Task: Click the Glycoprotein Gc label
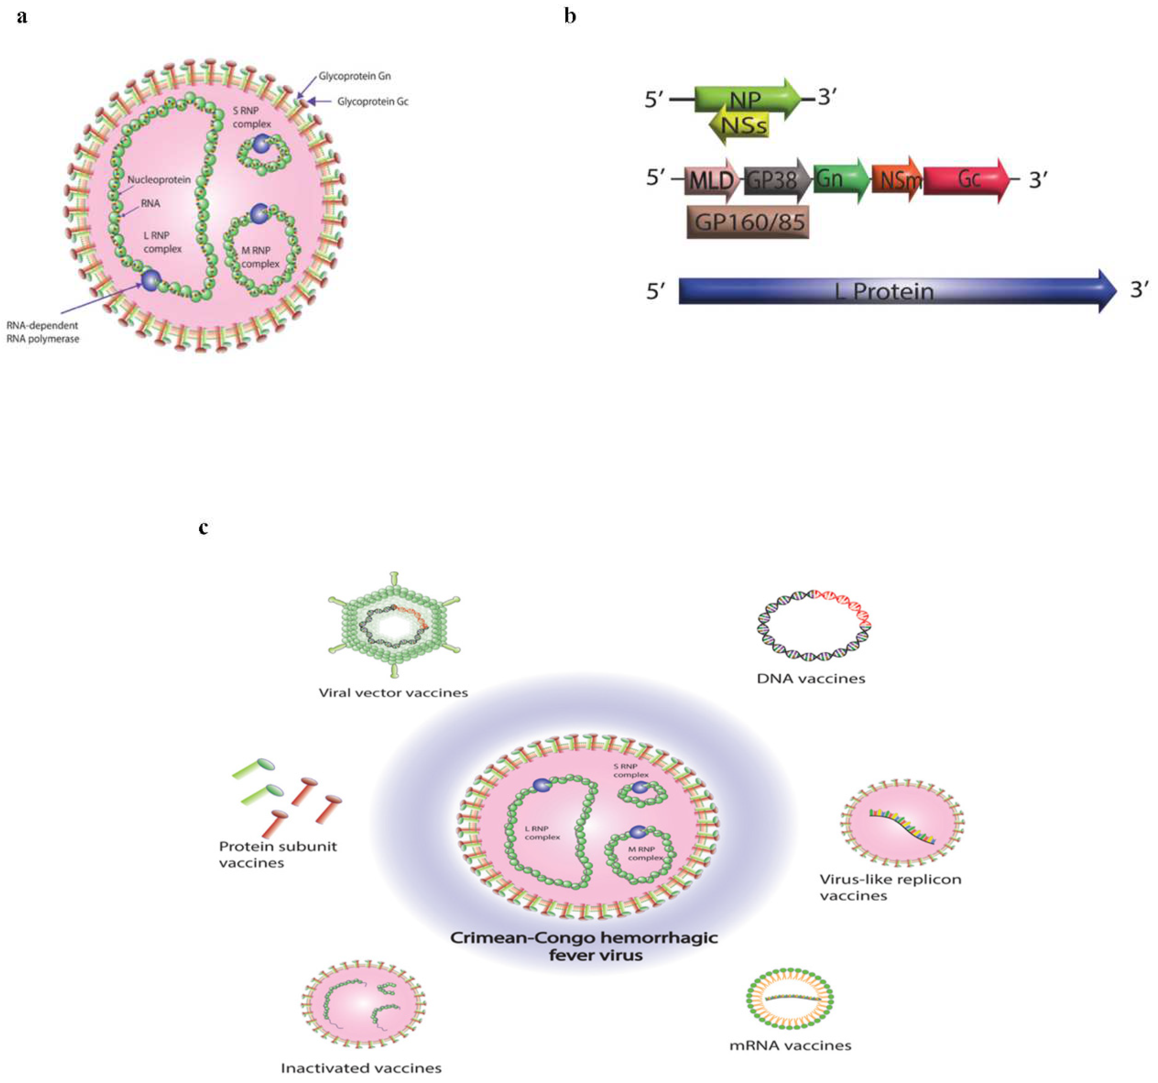(373, 101)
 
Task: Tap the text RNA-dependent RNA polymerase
(42, 332)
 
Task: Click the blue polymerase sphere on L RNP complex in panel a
(150, 280)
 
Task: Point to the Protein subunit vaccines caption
(278, 854)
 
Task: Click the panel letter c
(203, 528)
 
